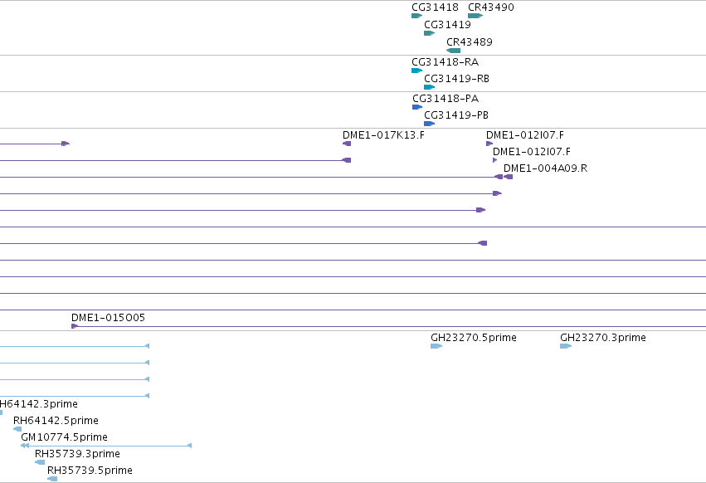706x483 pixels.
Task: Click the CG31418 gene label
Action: click(x=435, y=7)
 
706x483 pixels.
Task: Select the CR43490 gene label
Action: click(x=491, y=7)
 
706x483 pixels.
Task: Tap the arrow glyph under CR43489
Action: click(x=454, y=51)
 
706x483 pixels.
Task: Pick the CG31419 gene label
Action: click(x=447, y=25)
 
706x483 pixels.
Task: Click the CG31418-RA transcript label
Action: click(x=445, y=62)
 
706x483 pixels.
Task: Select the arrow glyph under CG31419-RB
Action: click(x=429, y=87)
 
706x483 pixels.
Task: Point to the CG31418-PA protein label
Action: click(x=446, y=99)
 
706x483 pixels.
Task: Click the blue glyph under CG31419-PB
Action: click(x=429, y=124)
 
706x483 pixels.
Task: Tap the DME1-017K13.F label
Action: click(x=383, y=135)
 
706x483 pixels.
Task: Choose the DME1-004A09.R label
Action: click(x=545, y=168)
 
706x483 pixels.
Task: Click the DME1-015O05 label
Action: click(x=108, y=318)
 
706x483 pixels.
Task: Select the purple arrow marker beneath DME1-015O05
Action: click(x=75, y=326)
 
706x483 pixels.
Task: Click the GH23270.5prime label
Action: click(x=473, y=338)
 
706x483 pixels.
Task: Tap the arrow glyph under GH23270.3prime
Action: click(x=566, y=346)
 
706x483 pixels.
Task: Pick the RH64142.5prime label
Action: click(x=56, y=421)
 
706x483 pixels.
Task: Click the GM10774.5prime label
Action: click(x=64, y=437)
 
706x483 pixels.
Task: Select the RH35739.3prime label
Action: click(x=77, y=454)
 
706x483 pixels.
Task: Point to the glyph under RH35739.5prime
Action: click(x=52, y=479)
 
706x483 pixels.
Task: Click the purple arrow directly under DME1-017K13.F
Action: click(x=347, y=144)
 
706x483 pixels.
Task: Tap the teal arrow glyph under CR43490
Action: click(x=475, y=16)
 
